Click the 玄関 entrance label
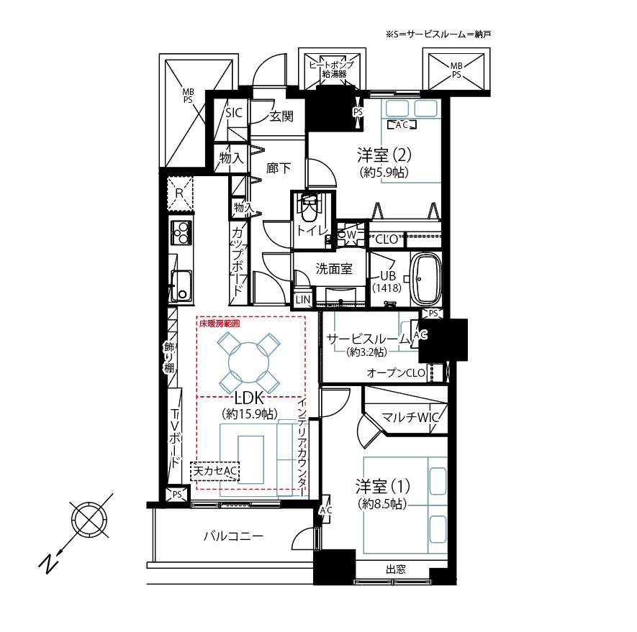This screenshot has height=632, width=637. click(x=281, y=116)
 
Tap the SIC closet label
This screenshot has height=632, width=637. click(x=234, y=112)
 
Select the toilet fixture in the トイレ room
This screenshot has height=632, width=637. click(x=310, y=207)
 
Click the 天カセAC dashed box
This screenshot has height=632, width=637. click(x=214, y=471)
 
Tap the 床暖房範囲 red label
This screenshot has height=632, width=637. click(x=220, y=324)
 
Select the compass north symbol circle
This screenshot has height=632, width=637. click(x=89, y=520)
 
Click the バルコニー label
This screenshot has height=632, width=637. click(x=234, y=536)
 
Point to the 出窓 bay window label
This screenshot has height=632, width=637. click(x=396, y=569)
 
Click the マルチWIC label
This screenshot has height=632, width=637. click(x=411, y=417)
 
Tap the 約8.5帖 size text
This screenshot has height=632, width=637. click(x=382, y=504)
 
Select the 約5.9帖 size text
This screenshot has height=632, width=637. click(x=384, y=173)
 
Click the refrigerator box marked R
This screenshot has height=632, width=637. click(x=180, y=193)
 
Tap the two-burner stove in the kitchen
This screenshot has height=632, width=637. click(x=181, y=232)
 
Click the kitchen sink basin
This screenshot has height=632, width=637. click(x=181, y=285)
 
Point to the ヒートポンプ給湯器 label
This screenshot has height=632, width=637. click(x=332, y=70)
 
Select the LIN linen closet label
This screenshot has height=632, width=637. click(x=303, y=300)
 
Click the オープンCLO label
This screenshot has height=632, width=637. click(x=396, y=372)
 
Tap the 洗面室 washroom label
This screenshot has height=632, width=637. click(x=334, y=269)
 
